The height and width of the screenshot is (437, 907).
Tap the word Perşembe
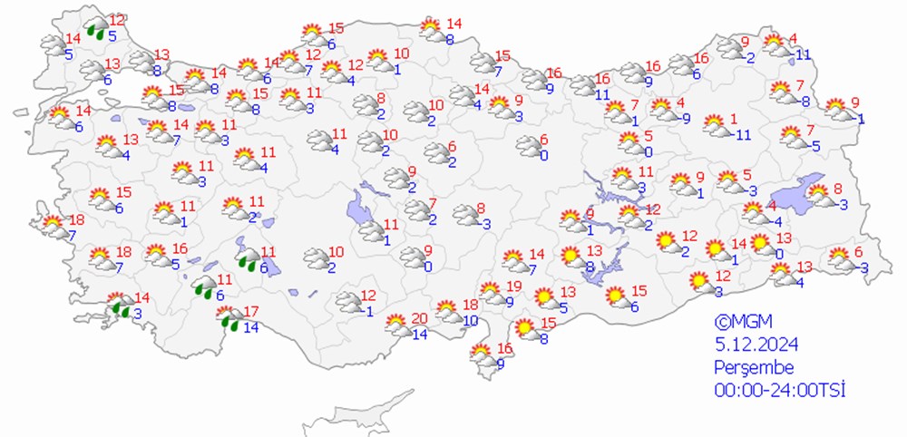click(754, 367)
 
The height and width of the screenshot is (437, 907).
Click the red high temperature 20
click(418, 317)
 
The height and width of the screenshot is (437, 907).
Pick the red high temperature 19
click(513, 286)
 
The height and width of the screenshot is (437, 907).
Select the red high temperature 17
click(252, 312)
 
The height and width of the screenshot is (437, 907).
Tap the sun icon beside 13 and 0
click(758, 243)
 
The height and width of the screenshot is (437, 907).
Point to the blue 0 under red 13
click(779, 254)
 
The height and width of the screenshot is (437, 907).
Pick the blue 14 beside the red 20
click(418, 335)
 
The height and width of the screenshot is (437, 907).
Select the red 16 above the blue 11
click(603, 79)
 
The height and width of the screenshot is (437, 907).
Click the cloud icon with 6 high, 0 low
click(527, 145)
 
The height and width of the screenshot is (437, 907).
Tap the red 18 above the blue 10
click(470, 305)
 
